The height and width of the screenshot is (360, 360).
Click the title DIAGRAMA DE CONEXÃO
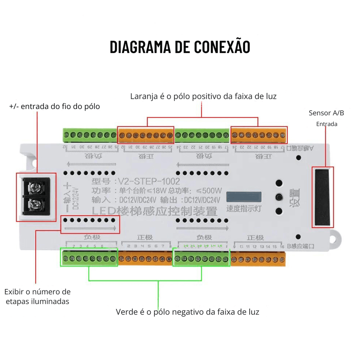(x=180, y=47)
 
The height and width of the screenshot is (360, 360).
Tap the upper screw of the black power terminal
(x=35, y=188)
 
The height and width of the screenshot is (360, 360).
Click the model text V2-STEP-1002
(x=149, y=181)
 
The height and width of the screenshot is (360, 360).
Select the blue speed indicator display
(x=244, y=197)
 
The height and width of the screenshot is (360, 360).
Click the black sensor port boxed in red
(x=323, y=197)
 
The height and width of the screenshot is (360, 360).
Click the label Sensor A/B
(x=326, y=113)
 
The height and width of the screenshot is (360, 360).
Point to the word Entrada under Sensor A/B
(x=327, y=124)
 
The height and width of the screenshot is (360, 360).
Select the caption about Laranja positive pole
(x=203, y=96)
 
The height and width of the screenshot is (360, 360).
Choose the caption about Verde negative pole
(x=187, y=312)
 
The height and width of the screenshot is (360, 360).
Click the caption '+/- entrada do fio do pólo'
(x=54, y=106)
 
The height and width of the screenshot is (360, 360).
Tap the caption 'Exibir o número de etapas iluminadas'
(x=37, y=296)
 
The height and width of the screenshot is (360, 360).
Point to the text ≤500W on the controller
(x=209, y=191)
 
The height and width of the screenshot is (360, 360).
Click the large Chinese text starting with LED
(x=154, y=212)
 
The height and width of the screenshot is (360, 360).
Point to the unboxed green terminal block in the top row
(x=89, y=135)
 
